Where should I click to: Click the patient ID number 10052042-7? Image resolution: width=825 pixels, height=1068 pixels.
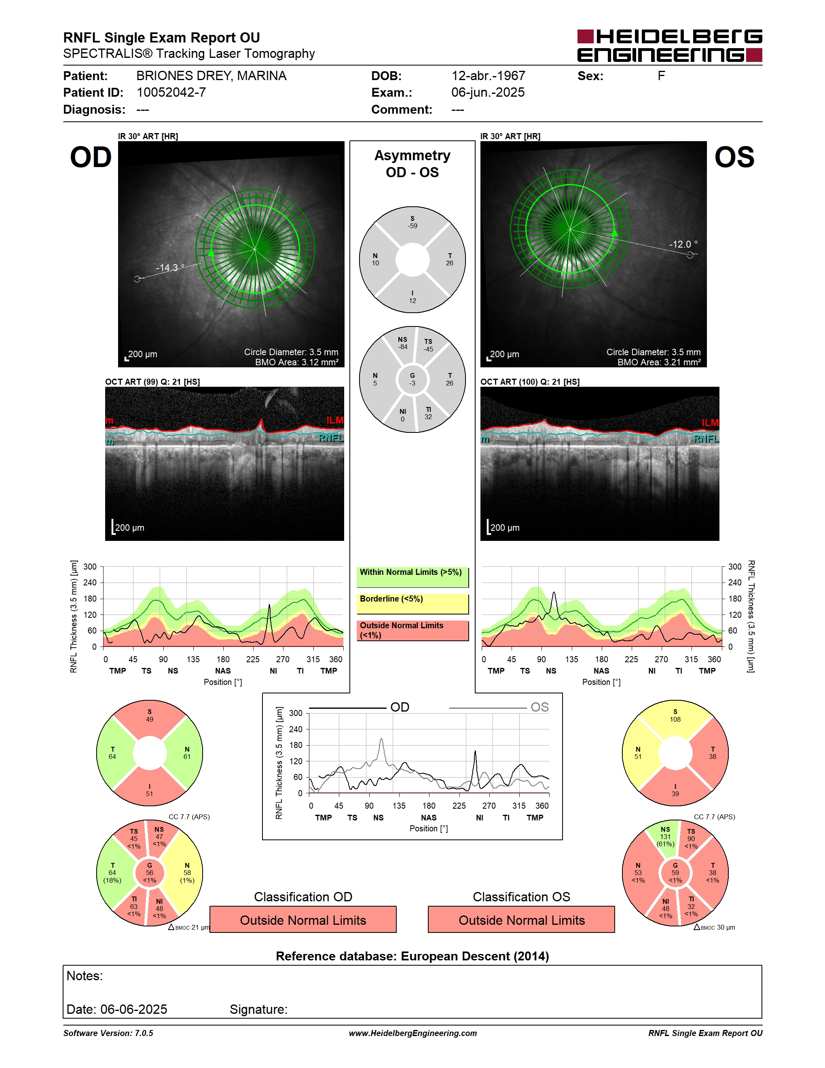[x=171, y=92]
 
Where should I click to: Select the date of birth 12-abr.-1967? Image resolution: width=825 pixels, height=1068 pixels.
[x=488, y=76]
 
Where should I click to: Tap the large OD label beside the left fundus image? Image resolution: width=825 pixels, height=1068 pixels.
[x=91, y=157]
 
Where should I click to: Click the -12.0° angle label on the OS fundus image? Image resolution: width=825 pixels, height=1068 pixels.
[x=683, y=244]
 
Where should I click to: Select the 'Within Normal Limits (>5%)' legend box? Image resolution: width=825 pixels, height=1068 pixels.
[x=412, y=577]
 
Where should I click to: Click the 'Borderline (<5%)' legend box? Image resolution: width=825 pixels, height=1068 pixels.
[x=412, y=604]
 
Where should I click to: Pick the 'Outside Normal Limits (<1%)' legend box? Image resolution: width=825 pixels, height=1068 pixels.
[x=412, y=630]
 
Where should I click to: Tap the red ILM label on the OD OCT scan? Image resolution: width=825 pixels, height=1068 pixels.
[x=335, y=420]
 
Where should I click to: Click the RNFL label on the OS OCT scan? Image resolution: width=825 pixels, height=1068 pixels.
[x=706, y=439]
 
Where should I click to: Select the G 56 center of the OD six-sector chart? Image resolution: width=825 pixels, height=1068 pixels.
[x=150, y=873]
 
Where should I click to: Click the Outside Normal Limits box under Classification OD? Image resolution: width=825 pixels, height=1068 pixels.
[x=303, y=920]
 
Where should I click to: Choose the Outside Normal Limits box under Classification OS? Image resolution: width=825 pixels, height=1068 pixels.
[x=522, y=920]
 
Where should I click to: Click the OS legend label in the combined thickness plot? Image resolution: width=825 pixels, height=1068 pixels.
[x=539, y=707]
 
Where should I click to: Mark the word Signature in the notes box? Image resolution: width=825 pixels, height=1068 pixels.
[x=258, y=1009]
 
